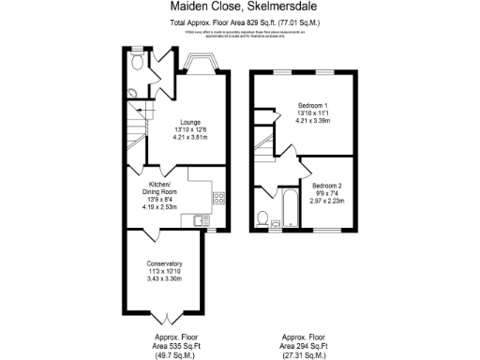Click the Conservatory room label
164,263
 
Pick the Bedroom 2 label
327,185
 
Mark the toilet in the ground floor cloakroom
138,64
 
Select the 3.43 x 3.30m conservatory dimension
164,278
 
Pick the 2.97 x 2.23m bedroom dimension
327,200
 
